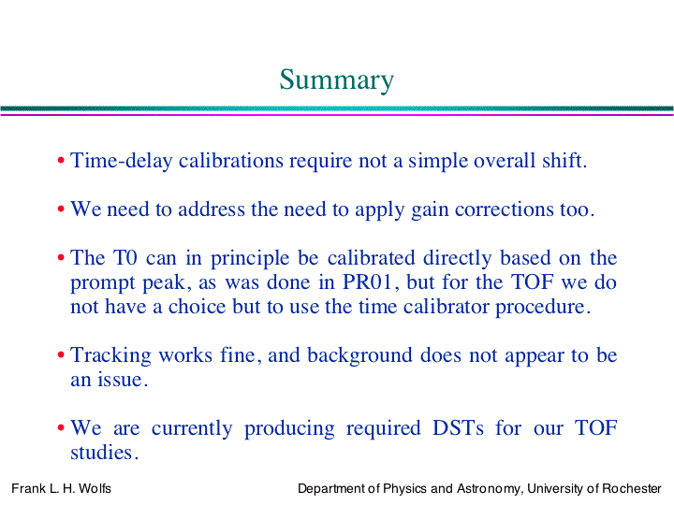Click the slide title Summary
pos(337,80)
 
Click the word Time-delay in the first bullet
pos(122,162)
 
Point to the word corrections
pos(505,209)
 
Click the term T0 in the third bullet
pos(125,258)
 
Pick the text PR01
pos(367,282)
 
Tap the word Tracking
pos(110,356)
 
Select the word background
pos(359,356)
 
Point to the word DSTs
pos(458,428)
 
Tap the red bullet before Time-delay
pos(61,161)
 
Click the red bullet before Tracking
pos(61,355)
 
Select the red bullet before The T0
pos(61,258)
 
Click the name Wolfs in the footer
pos(95,489)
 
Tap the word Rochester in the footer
pos(632,489)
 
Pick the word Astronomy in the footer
pos(489,489)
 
